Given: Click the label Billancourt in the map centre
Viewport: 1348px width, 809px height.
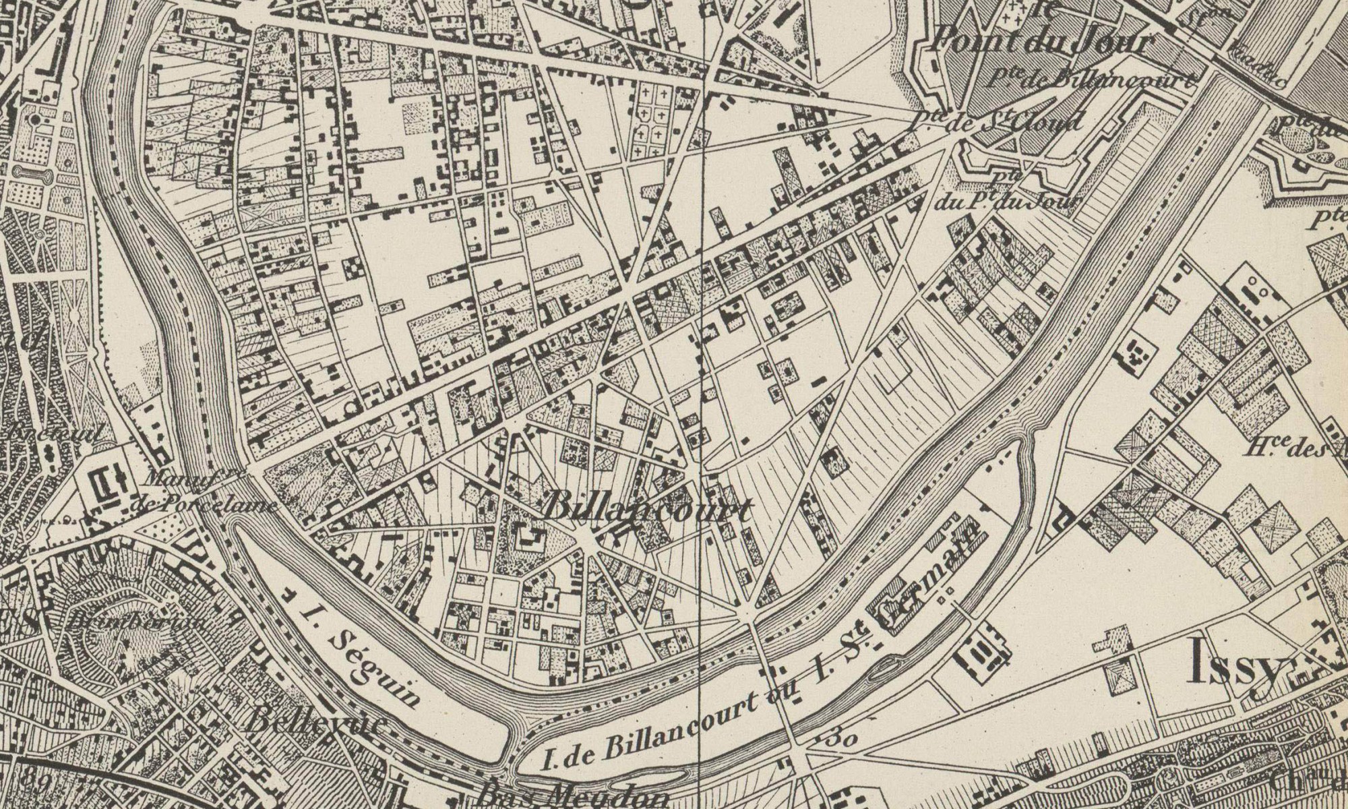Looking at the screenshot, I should pyautogui.click(x=646, y=508).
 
